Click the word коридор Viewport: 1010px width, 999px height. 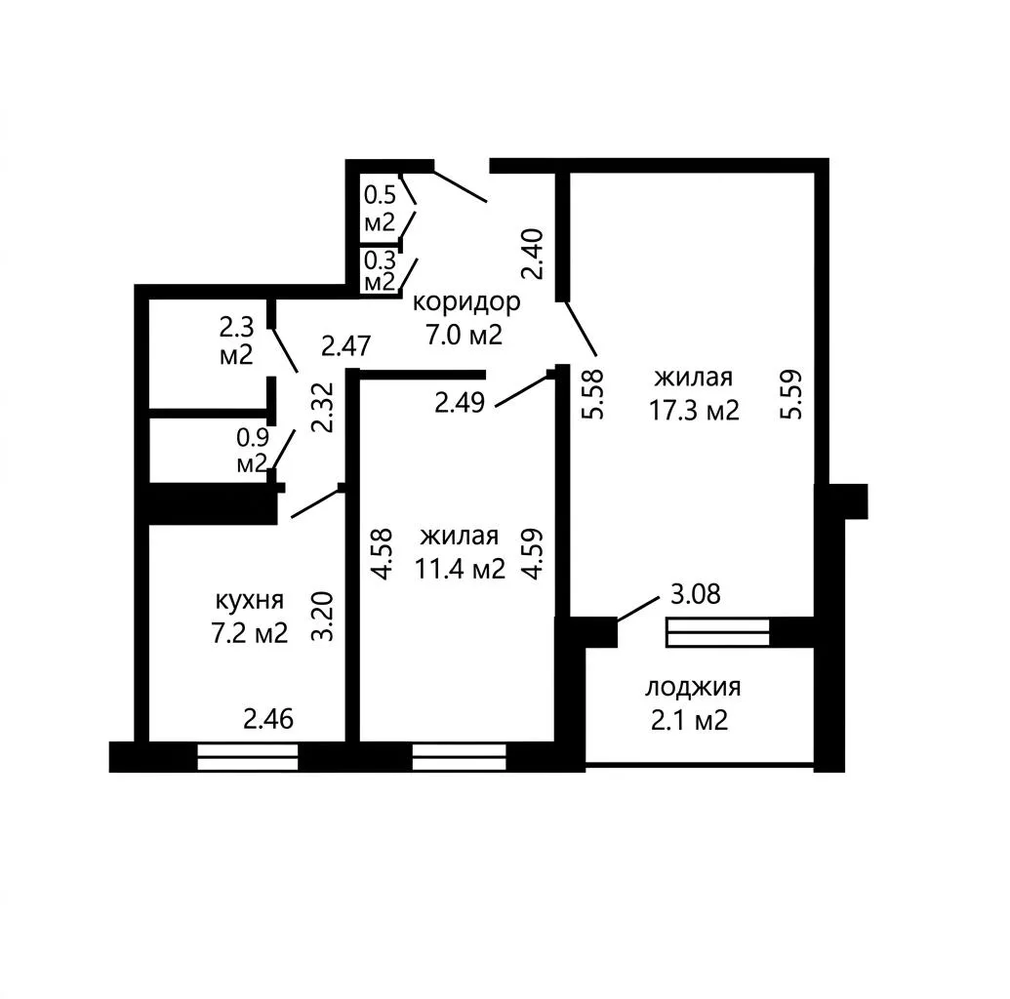pyautogui.click(x=465, y=302)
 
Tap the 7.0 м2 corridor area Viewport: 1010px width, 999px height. pyautogui.click(x=464, y=335)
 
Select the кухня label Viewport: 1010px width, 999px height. pyautogui.click(x=249, y=601)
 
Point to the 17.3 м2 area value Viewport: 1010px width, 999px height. pyautogui.click(x=694, y=410)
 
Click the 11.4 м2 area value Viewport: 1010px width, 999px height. pyautogui.click(x=460, y=569)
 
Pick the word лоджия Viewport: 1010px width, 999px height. pyautogui.click(x=693, y=688)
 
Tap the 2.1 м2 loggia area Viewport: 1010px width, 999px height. pyautogui.click(x=689, y=720)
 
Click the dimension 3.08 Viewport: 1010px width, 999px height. pyautogui.click(x=696, y=594)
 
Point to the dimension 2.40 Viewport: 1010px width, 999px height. pyautogui.click(x=534, y=254)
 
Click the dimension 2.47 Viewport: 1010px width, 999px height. pyautogui.click(x=345, y=346)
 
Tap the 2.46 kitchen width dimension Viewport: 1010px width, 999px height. pyautogui.click(x=268, y=719)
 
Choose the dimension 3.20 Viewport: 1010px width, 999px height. pyautogui.click(x=323, y=617)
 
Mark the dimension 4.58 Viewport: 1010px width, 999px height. pyautogui.click(x=383, y=554)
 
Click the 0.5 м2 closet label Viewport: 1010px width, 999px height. pyautogui.click(x=380, y=208)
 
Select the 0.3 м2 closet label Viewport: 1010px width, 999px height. pyautogui.click(x=380, y=271)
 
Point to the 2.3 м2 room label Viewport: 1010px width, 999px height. pyautogui.click(x=236, y=340)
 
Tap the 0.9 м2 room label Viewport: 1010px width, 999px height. pyautogui.click(x=252, y=451)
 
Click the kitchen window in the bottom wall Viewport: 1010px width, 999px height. pyautogui.click(x=247, y=757)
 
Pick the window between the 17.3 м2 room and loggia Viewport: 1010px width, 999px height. pyautogui.click(x=718, y=632)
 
